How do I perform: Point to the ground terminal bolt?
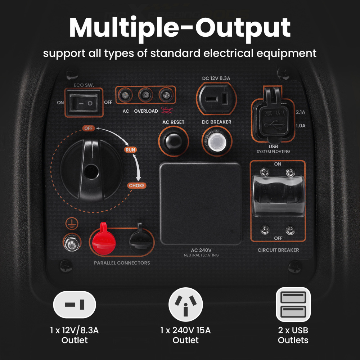pos(71,243)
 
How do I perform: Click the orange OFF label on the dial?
pos(88,128)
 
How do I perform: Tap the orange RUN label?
pos(130,150)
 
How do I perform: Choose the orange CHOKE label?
pos(137,186)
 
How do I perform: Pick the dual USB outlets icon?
pos(293,304)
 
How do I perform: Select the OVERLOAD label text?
pos(146,111)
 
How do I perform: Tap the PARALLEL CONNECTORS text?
pos(122,263)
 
